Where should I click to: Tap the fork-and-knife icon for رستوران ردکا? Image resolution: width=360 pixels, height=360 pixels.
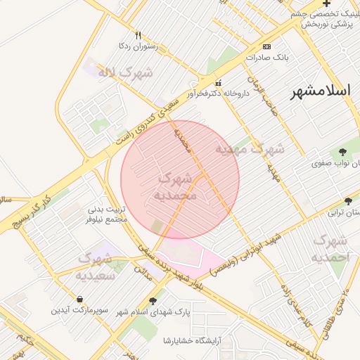(x=138, y=35)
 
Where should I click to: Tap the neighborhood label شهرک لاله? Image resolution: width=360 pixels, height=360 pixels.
(x=127, y=72)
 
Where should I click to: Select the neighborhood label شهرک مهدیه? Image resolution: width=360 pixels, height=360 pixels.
(x=250, y=150)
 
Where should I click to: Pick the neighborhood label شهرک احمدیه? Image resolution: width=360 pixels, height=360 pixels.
(x=330, y=249)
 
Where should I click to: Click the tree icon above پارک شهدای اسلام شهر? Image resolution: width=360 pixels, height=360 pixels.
(x=153, y=301)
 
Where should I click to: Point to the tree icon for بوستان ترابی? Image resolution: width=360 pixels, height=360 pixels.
(x=348, y=201)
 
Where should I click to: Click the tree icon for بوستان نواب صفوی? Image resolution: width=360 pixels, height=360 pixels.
(x=342, y=152)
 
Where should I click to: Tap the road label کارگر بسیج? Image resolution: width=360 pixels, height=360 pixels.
(x=37, y=205)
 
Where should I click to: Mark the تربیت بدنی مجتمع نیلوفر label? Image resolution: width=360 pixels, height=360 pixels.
(x=108, y=214)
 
